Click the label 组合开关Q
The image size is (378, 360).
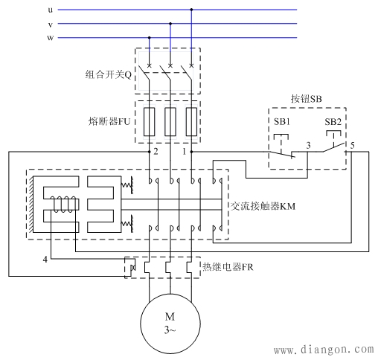(x=108, y=74)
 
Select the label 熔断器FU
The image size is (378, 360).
(x=109, y=119)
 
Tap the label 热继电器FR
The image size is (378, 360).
(x=229, y=266)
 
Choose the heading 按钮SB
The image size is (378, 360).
(x=305, y=99)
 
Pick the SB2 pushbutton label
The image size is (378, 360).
(x=333, y=121)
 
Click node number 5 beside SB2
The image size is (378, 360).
(x=353, y=146)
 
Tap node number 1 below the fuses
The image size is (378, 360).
(x=183, y=152)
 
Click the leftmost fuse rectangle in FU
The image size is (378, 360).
(x=150, y=120)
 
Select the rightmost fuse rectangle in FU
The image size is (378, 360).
(x=191, y=120)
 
